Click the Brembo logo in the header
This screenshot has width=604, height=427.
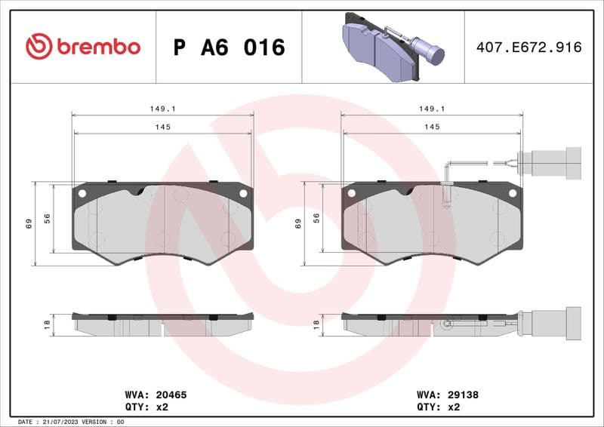[x=83, y=47]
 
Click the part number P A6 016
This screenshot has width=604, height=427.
[x=230, y=48]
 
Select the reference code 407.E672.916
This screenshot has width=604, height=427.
[x=528, y=48]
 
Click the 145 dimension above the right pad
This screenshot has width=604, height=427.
[x=431, y=127]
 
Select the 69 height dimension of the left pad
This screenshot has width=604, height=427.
[x=29, y=223]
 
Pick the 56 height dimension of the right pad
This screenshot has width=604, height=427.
[x=316, y=218]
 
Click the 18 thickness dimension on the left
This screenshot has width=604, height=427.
[x=47, y=324]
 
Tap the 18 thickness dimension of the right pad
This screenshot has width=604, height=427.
[x=316, y=324]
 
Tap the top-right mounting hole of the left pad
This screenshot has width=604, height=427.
[x=243, y=193]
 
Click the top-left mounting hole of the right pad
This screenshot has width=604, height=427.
[x=351, y=193]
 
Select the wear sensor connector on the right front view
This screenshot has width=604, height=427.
[x=556, y=162]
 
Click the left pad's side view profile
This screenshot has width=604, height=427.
[x=162, y=324]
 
